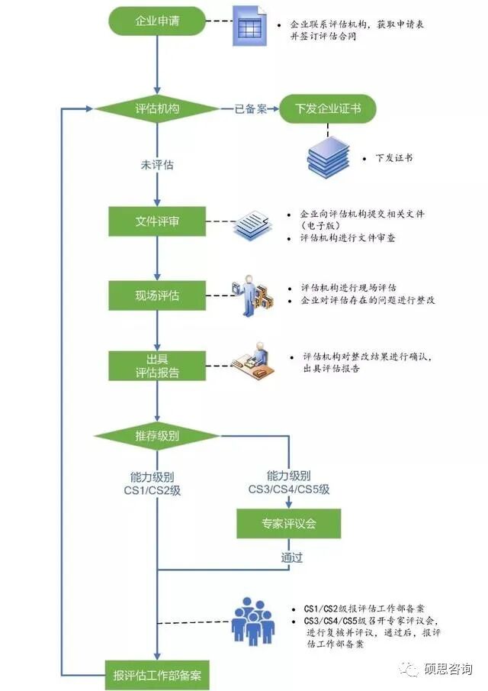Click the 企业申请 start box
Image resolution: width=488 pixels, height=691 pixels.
156,21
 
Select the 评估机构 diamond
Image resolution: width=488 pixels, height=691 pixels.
156,109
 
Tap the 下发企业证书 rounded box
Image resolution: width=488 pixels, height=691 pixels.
328,109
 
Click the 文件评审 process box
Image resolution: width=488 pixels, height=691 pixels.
156,222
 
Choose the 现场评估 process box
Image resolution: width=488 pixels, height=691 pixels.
156,295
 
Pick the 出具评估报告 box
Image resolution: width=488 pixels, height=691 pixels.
156,366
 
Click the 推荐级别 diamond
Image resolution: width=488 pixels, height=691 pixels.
156,436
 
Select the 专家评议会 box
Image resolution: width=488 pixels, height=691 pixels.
288,524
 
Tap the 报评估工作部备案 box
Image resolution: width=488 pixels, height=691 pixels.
156,674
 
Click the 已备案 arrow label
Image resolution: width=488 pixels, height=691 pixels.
249,109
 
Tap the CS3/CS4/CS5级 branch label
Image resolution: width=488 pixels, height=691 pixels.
289,482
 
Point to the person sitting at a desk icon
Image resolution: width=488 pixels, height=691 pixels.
255,362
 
